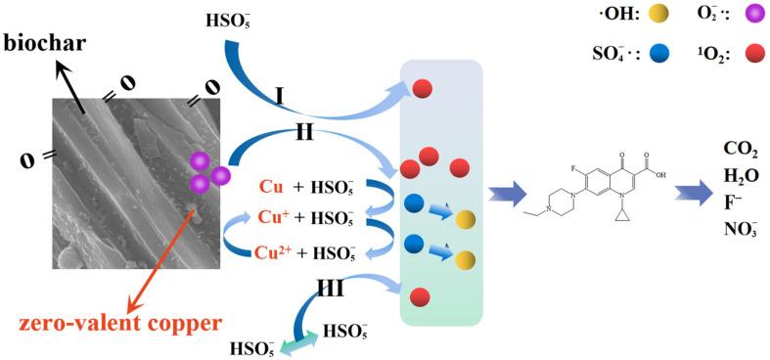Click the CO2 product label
coord(740,150)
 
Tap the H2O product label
coord(740,176)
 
